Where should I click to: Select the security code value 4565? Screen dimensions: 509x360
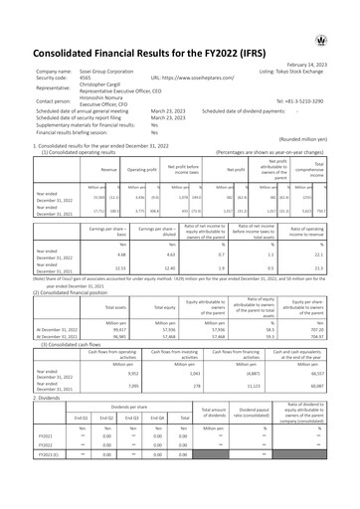pos(84,77)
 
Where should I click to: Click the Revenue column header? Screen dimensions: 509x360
pos(95,169)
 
